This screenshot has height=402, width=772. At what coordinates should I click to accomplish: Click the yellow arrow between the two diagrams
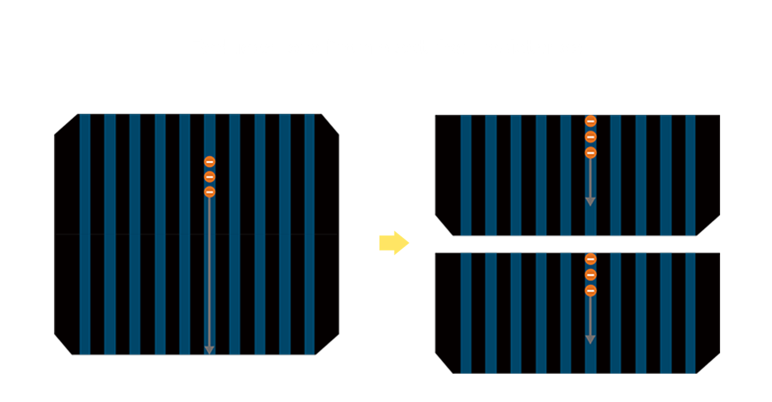[393, 242]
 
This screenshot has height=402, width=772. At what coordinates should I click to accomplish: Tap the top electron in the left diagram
[209, 162]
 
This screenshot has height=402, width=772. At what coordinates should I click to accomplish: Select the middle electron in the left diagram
[209, 177]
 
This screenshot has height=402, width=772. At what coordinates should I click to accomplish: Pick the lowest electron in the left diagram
[209, 192]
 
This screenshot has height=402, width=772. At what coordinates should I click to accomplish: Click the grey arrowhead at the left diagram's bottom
[209, 350]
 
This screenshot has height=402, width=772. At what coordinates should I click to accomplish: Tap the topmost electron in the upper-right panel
[590, 121]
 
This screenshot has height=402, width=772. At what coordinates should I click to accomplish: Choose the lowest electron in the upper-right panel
[590, 152]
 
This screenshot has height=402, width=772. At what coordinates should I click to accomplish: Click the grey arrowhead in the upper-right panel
[590, 201]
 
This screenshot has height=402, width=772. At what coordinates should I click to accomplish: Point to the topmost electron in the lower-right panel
[590, 259]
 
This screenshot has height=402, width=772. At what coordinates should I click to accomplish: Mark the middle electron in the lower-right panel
[590, 275]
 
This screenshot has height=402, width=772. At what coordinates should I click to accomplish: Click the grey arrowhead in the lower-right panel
[590, 340]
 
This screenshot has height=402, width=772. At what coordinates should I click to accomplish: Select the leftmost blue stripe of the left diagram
[85, 234]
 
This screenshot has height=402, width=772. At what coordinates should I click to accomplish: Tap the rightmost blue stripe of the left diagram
[310, 234]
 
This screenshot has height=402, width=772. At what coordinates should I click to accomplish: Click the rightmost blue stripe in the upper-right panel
[690, 175]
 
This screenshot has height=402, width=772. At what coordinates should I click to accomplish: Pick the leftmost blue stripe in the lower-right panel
[466, 312]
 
